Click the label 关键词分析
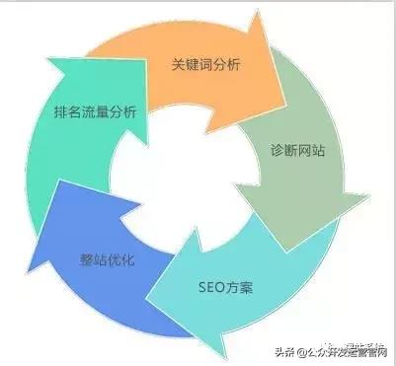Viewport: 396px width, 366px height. [207, 66]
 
